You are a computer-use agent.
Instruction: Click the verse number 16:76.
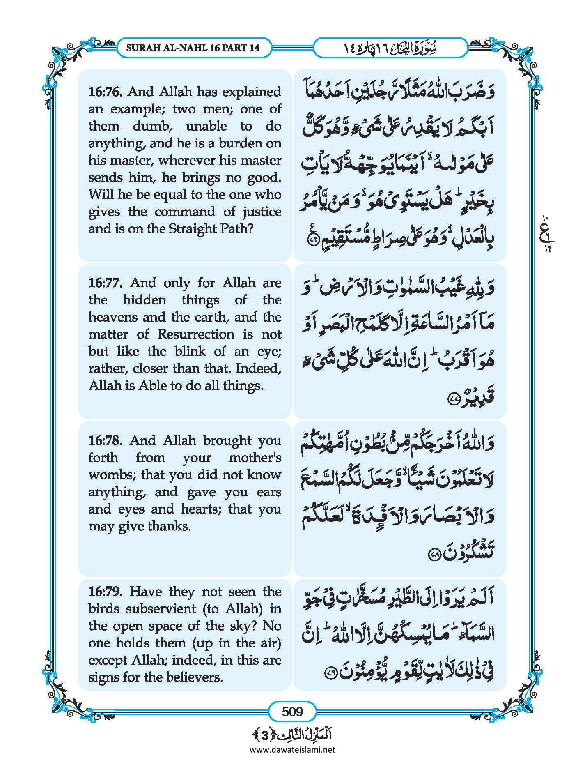[105, 92]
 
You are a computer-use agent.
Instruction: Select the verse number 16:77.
[105, 283]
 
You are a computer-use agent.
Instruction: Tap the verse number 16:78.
[105, 441]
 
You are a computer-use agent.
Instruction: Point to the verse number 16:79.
[105, 592]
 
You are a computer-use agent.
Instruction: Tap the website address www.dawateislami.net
[292, 750]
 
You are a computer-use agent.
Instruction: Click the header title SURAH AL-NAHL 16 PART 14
[193, 48]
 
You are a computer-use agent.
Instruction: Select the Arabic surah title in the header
[390, 48]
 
